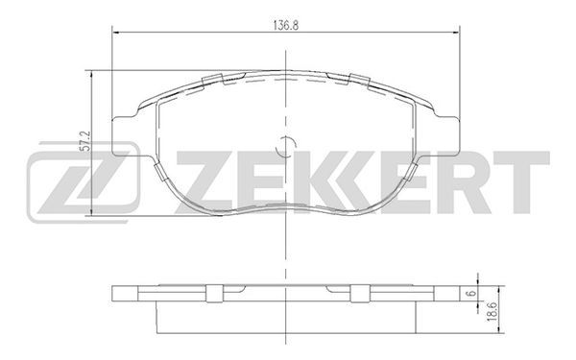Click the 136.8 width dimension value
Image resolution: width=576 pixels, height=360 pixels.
(x=285, y=25)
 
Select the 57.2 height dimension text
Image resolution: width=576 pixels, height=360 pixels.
(x=85, y=141)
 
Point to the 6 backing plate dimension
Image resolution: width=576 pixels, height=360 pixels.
(x=472, y=293)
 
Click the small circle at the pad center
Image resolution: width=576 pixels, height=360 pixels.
(x=285, y=145)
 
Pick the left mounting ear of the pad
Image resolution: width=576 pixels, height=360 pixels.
(x=124, y=136)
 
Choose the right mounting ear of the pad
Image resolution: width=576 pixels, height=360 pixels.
(x=446, y=136)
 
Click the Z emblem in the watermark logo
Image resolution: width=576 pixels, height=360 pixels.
(x=84, y=182)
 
